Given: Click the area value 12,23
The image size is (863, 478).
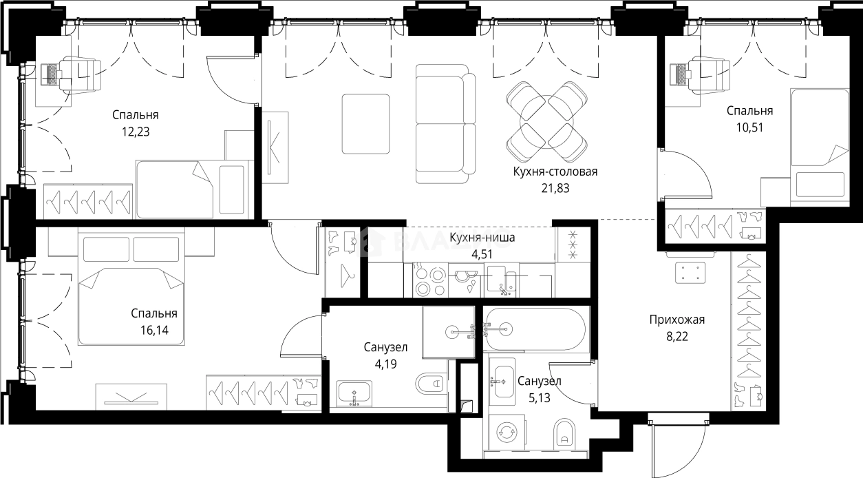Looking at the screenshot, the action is click(136, 132).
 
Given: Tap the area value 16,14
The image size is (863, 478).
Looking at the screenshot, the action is click(154, 331).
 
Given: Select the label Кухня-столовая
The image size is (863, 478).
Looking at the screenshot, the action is click(555, 172).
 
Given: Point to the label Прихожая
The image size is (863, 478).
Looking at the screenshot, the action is click(677, 320).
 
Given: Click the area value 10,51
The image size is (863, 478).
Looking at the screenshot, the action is click(749, 127).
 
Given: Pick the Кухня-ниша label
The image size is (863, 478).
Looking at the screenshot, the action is click(482, 238).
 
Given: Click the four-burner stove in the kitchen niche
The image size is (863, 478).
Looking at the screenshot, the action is click(430, 280).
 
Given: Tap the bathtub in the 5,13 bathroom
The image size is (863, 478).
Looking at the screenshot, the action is click(536, 330).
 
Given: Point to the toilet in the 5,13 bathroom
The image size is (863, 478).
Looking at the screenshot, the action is click(564, 434).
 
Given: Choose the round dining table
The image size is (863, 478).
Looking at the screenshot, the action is click(546, 122).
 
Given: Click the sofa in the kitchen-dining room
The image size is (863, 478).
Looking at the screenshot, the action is click(445, 123).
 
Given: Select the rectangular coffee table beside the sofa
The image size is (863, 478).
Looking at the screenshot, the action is click(365, 124).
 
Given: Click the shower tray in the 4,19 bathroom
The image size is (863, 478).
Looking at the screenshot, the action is click(449, 332).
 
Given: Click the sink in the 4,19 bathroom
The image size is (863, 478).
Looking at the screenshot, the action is click(354, 393).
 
